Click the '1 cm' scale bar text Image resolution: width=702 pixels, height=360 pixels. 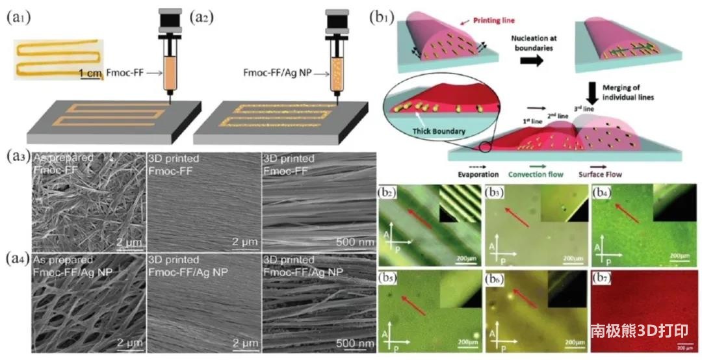pyautogui.click(x=91, y=73)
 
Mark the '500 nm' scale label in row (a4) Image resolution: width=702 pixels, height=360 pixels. pyautogui.click(x=354, y=342)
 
